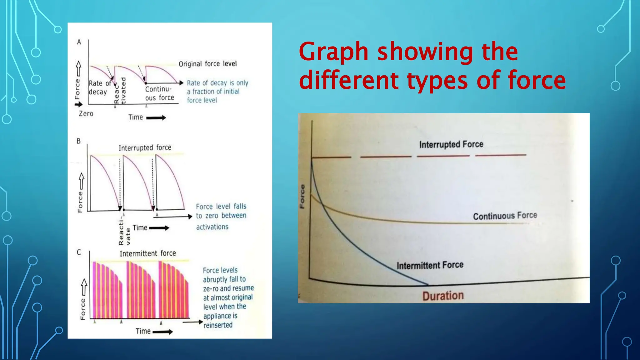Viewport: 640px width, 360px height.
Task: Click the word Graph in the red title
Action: [x=333, y=52]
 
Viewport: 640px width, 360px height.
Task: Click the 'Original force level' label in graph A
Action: [x=207, y=64]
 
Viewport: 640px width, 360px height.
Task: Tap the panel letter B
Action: [x=79, y=141]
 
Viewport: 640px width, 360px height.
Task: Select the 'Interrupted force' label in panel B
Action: [x=145, y=147]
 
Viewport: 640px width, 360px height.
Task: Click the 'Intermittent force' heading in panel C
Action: [x=147, y=253]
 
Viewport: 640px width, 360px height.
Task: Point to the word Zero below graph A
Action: [x=86, y=113]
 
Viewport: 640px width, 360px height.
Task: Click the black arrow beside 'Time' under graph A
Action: [x=156, y=118]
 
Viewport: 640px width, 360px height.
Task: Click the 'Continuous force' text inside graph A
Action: [x=159, y=93]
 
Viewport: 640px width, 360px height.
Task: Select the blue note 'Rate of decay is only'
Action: [x=217, y=83]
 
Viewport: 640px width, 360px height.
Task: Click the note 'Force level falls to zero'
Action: [x=221, y=211]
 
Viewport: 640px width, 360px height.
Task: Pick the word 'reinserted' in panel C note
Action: [x=218, y=325]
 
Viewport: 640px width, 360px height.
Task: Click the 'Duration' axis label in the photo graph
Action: [x=443, y=296]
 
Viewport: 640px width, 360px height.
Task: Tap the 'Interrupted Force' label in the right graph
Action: [x=451, y=144]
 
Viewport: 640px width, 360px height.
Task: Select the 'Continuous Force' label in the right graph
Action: [x=505, y=216]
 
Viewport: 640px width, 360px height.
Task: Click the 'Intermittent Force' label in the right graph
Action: [x=430, y=265]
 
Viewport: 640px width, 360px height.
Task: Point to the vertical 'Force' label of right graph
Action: [x=302, y=196]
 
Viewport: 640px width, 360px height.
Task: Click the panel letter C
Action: [x=79, y=252]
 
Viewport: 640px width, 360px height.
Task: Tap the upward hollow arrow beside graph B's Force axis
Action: [x=82, y=181]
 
